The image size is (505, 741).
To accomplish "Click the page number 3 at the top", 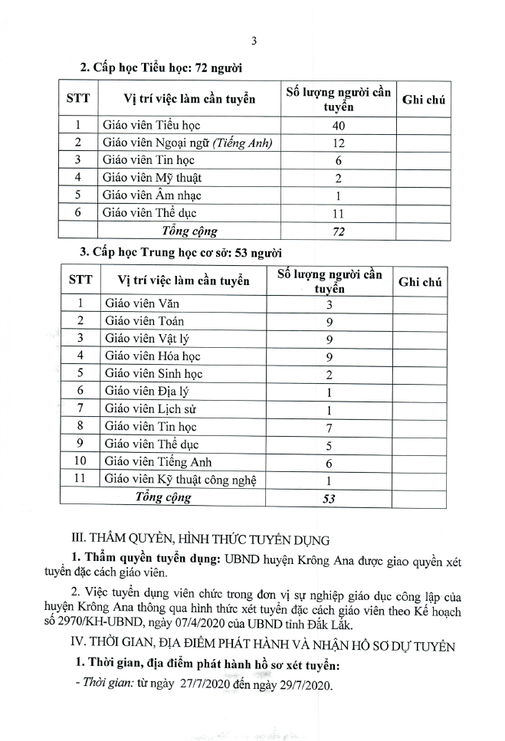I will (x=253, y=41).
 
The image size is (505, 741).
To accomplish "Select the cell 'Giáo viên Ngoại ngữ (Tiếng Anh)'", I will (x=188, y=142).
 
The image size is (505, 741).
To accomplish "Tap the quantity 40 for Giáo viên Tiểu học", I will (x=338, y=125).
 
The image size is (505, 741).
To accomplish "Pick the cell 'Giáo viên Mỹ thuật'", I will (x=149, y=178).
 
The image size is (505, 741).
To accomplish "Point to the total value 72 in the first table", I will (x=338, y=231).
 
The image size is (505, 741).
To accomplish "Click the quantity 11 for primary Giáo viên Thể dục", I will (x=338, y=214).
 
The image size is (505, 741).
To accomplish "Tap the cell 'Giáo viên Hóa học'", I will (x=153, y=356).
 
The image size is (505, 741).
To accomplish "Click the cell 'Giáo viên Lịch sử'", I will (x=151, y=409).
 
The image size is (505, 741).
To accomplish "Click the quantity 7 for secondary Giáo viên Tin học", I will (x=328, y=427).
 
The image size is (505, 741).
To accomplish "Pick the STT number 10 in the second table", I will (x=81, y=462).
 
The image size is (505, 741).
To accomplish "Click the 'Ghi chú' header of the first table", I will (x=424, y=100).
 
